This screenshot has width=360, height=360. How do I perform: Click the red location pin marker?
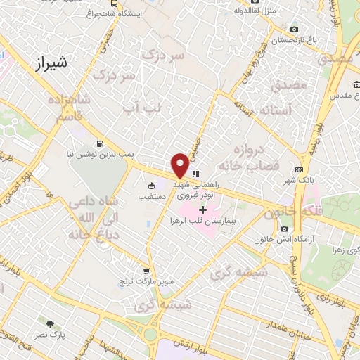180,164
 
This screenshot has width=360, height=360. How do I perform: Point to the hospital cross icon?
203,210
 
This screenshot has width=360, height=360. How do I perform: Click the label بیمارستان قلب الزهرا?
203,221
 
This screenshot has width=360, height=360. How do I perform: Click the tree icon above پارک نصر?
50,324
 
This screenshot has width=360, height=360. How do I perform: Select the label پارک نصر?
50,335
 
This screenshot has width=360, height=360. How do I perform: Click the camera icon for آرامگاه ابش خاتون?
284,229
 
